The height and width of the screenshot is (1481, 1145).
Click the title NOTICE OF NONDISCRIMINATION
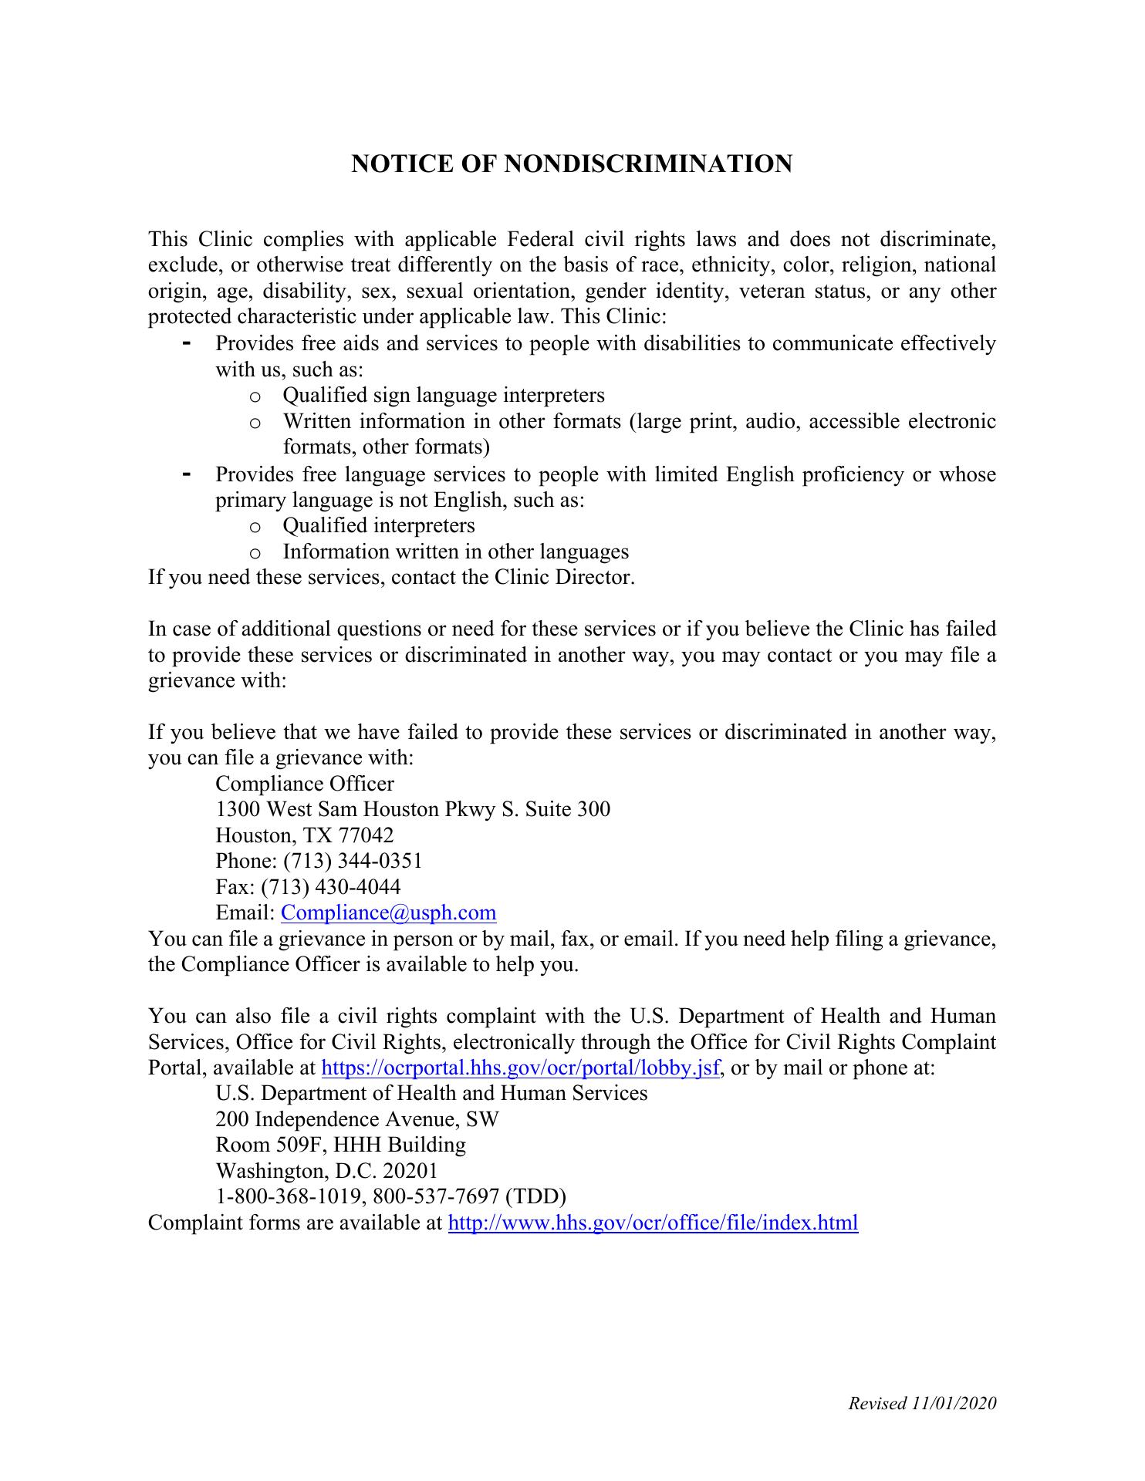tap(572, 164)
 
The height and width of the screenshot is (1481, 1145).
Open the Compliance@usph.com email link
tap(388, 913)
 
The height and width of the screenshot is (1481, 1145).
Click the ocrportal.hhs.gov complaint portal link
tap(521, 1068)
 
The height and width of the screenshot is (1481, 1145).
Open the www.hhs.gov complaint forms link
tap(653, 1223)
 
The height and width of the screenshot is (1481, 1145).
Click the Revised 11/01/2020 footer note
tap(922, 1403)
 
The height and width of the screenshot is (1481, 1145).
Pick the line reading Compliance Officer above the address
tap(305, 784)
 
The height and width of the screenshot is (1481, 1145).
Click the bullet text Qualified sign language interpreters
tap(444, 396)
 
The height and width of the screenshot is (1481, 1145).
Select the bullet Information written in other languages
tap(455, 552)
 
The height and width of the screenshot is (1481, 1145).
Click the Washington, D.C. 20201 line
tap(326, 1171)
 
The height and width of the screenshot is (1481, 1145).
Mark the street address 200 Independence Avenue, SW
tap(357, 1119)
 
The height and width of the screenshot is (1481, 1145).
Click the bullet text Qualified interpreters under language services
tap(379, 526)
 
